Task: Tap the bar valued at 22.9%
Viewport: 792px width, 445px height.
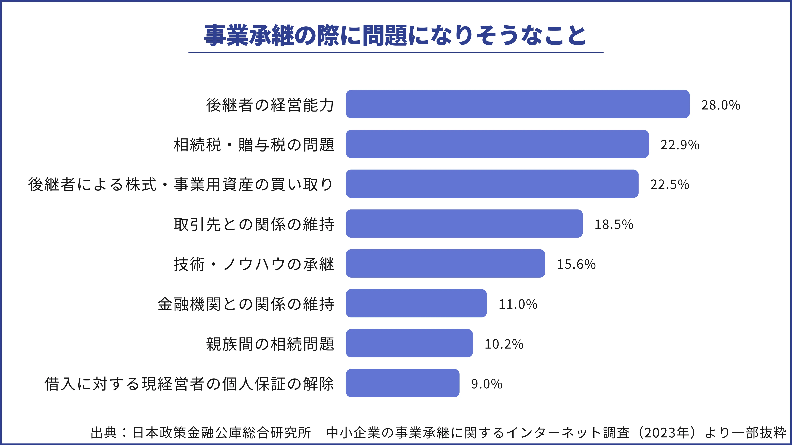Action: (x=497, y=144)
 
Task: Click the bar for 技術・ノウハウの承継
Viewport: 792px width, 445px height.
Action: (x=445, y=263)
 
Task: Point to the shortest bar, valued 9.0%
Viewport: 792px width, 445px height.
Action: (x=402, y=383)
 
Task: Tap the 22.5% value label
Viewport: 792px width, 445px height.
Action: (x=669, y=185)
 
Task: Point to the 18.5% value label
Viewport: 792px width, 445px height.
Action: (x=614, y=225)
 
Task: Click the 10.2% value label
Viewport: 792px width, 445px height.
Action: (x=504, y=344)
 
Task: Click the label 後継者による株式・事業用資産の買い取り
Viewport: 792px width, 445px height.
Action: (x=181, y=185)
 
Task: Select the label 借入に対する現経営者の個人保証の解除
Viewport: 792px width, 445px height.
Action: (x=189, y=384)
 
